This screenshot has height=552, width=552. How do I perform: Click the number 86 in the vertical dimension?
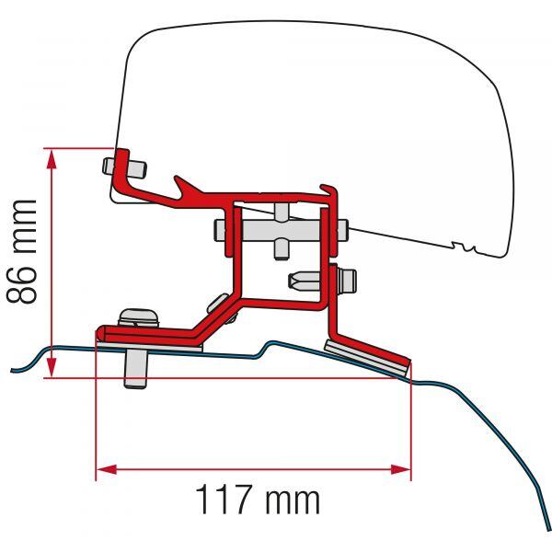pos(22,281)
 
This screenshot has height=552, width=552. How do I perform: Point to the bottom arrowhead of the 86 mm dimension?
pos(52,367)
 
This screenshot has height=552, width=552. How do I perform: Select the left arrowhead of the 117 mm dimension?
pos(107,469)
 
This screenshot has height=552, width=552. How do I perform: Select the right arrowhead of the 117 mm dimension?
pos(400,469)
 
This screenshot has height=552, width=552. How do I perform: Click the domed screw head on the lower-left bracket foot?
pos(138,317)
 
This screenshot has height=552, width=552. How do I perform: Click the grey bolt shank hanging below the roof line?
pos(136,369)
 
